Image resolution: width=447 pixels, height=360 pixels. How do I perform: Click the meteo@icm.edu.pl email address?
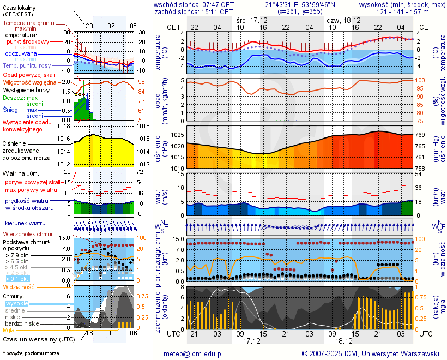pos(194,353)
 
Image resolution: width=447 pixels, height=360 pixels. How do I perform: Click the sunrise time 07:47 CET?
pos(216,4)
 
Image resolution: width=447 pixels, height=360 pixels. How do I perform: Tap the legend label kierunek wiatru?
pos(25,224)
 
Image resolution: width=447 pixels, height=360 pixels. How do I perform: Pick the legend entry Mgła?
pos(9,330)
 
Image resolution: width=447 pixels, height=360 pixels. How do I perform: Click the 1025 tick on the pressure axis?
pos(177,135)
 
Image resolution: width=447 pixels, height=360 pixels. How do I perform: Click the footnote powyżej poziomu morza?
pos(32,353)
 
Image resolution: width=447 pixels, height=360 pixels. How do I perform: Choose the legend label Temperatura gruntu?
pos(28,23)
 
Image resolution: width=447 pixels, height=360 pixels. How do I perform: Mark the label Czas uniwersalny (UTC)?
pos(37,339)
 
